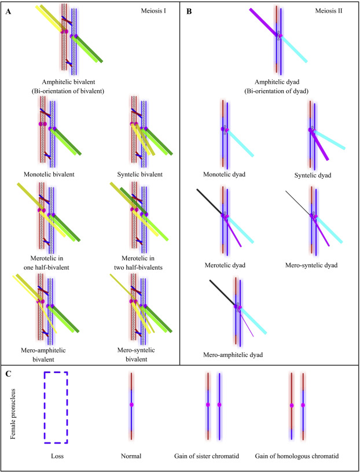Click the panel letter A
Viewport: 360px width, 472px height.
8,11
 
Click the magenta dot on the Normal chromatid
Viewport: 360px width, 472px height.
132,404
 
